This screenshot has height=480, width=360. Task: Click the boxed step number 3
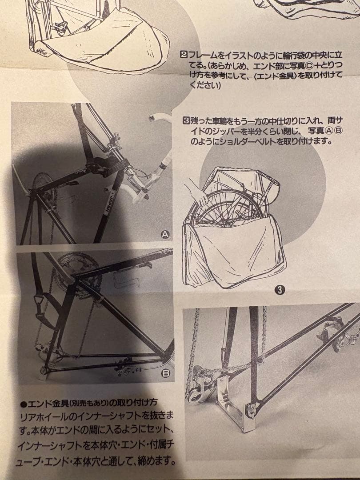point(186,120)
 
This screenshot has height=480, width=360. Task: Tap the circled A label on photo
point(165,235)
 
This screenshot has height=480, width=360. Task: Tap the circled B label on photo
point(165,373)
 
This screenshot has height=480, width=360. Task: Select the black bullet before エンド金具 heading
point(24,404)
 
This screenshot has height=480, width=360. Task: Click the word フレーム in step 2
point(203,56)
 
